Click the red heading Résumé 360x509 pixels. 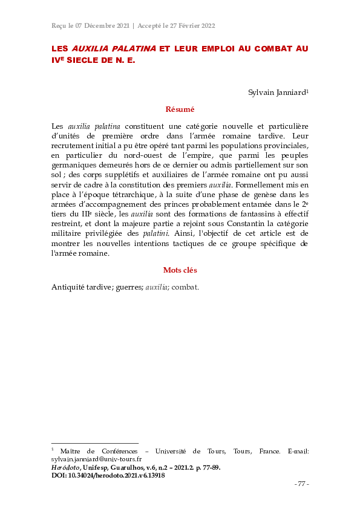[180, 109]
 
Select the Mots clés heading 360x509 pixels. [180, 270]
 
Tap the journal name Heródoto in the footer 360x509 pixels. [64, 467]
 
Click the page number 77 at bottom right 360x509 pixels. [301, 484]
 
